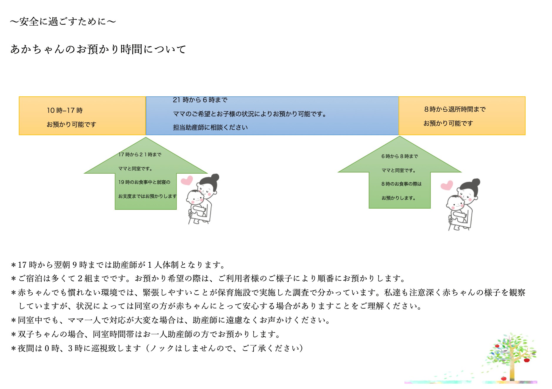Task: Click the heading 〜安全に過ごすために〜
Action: click(x=63, y=21)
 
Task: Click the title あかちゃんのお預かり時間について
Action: click(x=98, y=49)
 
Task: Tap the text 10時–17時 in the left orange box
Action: click(x=65, y=110)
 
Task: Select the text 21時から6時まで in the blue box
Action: click(x=200, y=100)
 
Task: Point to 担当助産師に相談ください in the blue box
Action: click(x=210, y=128)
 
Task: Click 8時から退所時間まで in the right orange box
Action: click(x=455, y=109)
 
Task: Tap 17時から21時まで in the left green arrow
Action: click(x=140, y=155)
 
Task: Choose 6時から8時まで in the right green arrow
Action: click(x=399, y=156)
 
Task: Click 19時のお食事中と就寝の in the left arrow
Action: click(x=144, y=182)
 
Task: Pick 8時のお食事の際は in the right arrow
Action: click(x=401, y=184)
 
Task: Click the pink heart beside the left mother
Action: click(x=187, y=180)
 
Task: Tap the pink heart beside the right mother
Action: click(x=446, y=185)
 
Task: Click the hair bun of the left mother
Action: click(x=215, y=177)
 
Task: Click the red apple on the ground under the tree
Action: click(x=504, y=378)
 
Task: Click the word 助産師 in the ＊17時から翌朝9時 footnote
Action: click(x=125, y=265)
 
